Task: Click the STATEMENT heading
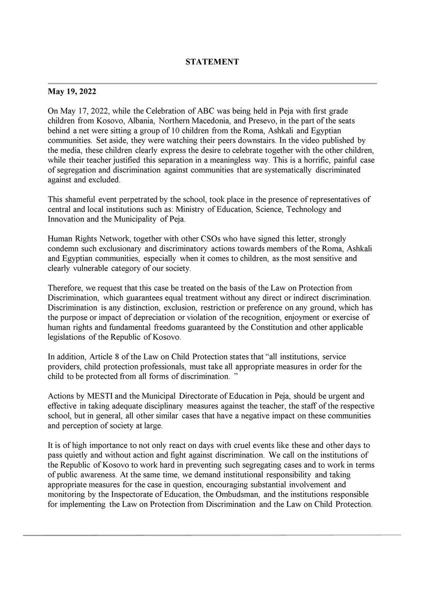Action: point(212,62)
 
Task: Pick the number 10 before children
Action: point(173,131)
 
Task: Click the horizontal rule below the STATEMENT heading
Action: point(212,83)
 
